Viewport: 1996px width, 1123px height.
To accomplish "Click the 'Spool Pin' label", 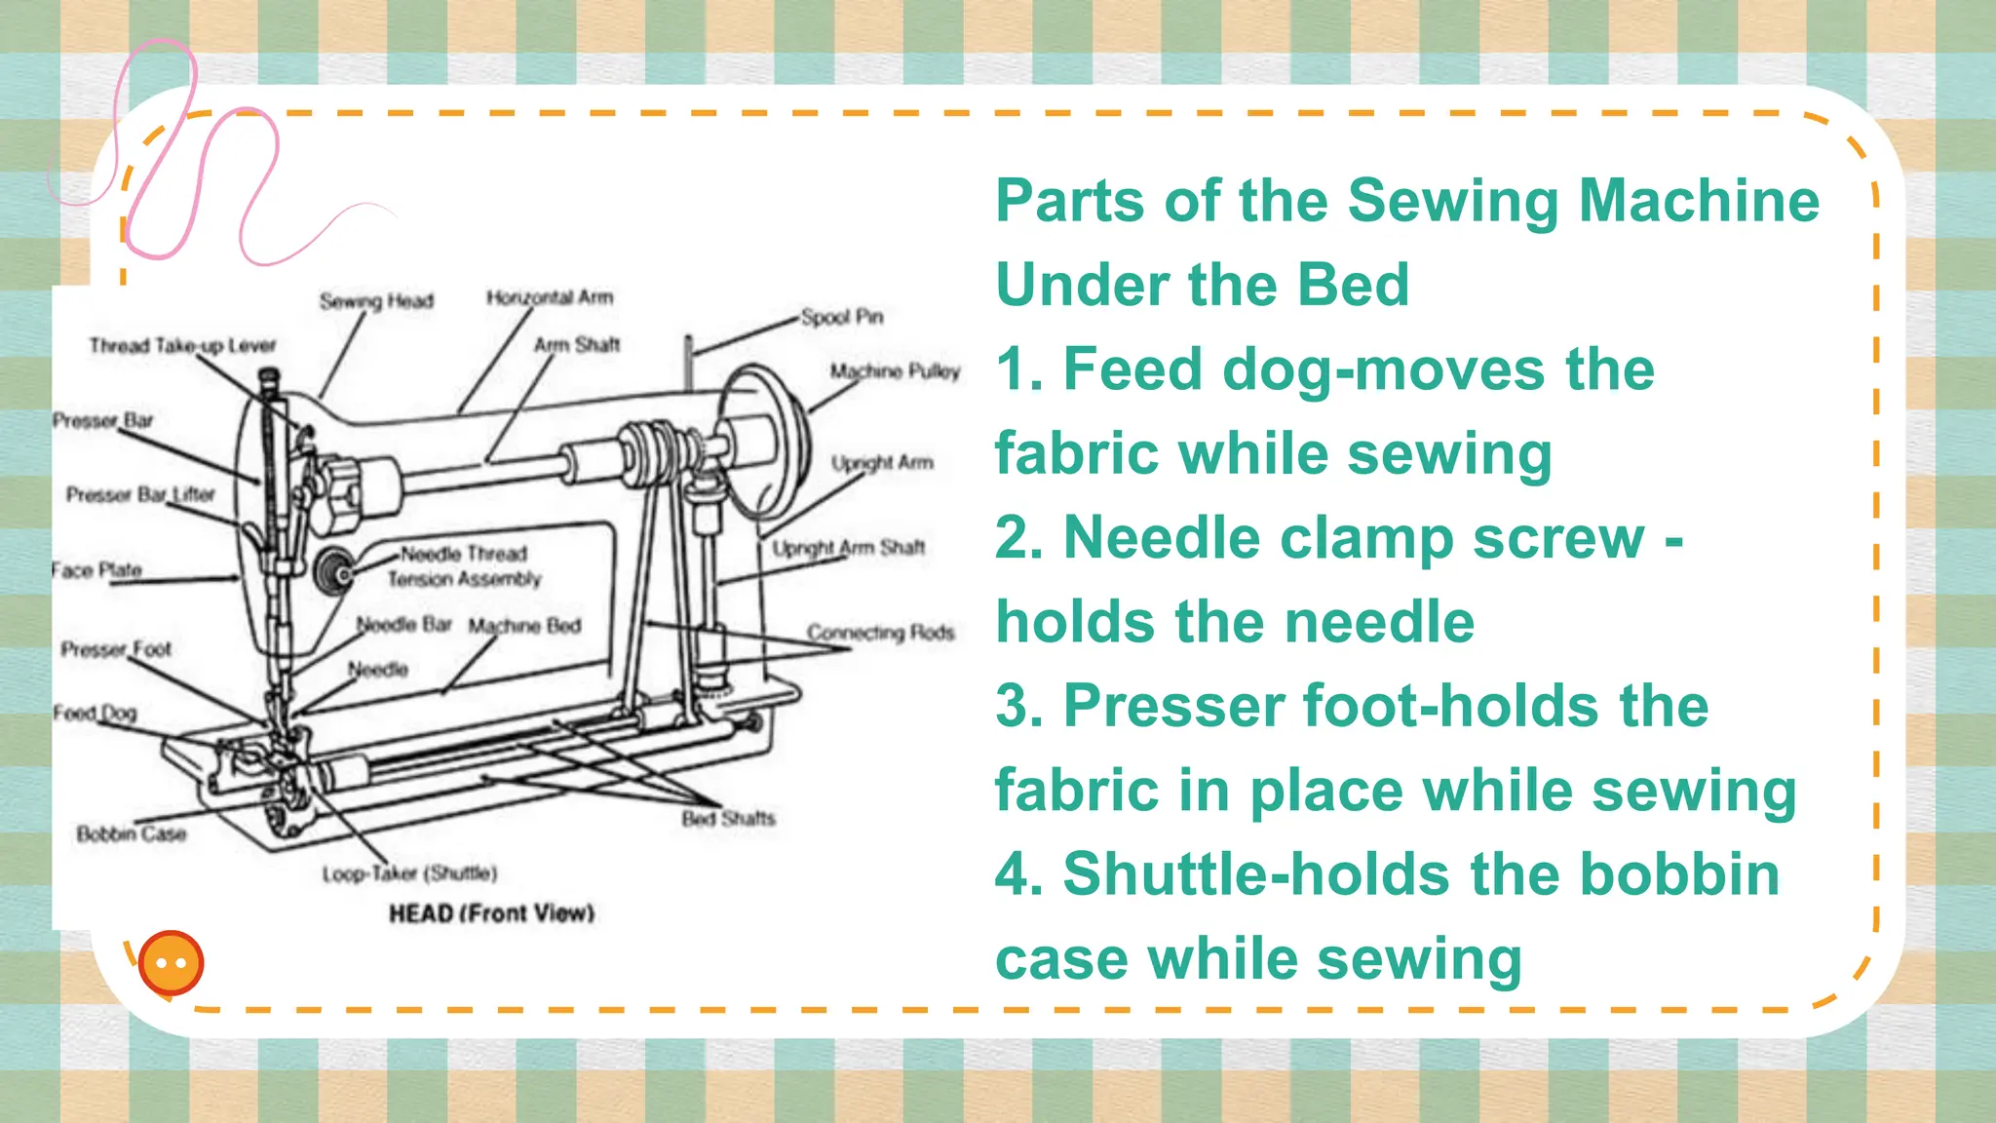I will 841,317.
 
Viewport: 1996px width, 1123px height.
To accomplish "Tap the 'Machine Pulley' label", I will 895,371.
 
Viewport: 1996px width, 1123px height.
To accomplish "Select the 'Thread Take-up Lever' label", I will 182,345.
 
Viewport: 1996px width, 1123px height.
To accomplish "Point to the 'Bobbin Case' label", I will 131,833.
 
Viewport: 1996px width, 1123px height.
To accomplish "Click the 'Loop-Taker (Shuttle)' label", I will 409,873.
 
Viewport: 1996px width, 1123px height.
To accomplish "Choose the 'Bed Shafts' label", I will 728,818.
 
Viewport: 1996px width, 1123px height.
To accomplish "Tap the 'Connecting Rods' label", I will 880,633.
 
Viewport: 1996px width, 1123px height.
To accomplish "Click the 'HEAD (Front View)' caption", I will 491,913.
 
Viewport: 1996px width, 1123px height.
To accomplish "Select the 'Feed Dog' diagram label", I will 95,713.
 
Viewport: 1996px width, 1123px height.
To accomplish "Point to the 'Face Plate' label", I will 96,569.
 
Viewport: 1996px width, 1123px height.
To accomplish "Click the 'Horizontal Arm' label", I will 550,297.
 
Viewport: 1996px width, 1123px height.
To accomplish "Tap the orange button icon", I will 172,963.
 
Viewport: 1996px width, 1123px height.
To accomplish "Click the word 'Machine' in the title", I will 1698,201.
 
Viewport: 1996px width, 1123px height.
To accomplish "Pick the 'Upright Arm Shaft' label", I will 848,548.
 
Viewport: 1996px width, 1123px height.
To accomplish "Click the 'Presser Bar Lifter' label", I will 140,494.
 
